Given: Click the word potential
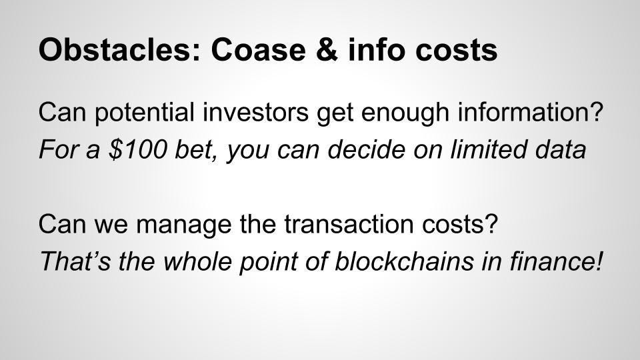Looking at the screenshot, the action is (145, 112).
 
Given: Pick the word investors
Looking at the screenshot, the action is (255, 112).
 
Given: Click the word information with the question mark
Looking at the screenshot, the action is (530, 112).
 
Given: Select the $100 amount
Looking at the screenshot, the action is (138, 149).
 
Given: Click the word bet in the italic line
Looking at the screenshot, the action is (196, 149).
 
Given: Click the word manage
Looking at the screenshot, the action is (184, 224).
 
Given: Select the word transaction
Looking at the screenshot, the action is (349, 224).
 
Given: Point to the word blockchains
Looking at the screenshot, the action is (404, 261).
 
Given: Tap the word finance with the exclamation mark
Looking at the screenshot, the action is (556, 261).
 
